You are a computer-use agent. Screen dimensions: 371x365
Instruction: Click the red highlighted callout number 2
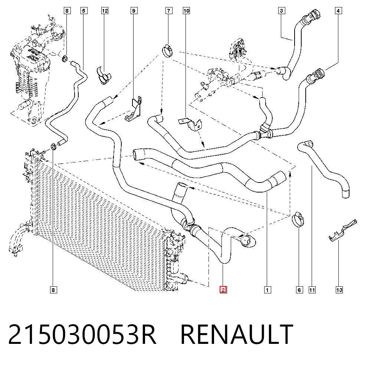pos(223,290)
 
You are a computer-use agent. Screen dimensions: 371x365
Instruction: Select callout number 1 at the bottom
pos(267,290)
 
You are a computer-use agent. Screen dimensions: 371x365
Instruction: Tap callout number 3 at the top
pos(281,11)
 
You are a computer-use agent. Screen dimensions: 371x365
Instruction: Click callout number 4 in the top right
pos(338,11)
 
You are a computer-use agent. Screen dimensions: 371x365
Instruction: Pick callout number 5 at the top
pos(83,11)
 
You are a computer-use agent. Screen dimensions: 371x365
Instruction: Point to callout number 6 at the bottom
pos(299,290)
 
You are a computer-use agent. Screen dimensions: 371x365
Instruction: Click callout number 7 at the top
pos(169,11)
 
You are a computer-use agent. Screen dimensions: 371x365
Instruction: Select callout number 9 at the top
pos(134,11)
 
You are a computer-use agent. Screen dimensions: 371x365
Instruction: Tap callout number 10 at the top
pos(187,11)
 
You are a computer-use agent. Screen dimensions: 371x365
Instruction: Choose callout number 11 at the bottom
pos(312,290)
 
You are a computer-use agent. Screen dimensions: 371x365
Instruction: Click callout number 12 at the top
pos(105,11)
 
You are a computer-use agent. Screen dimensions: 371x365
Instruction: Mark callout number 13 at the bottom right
pos(339,290)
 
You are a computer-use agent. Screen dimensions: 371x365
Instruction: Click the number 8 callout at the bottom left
pos(53,290)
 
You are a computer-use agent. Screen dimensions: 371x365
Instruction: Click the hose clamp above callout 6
pos(298,219)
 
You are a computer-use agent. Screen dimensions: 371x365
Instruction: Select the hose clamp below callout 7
pos(168,50)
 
